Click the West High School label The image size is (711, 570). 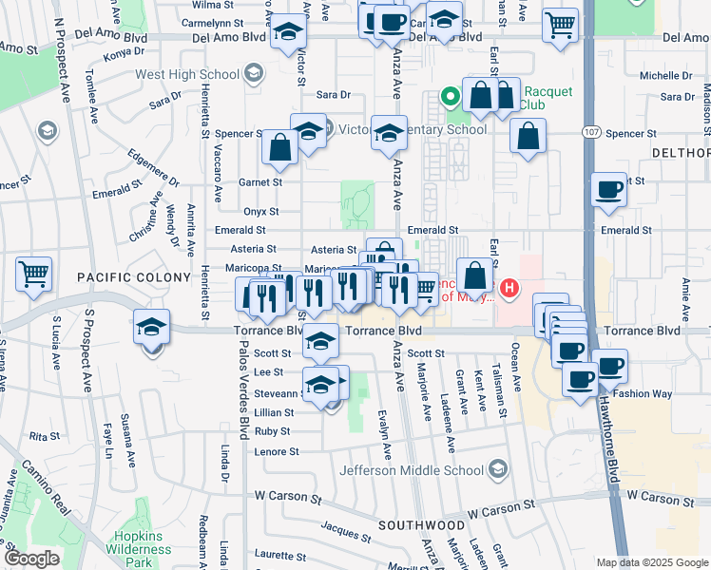[187, 74]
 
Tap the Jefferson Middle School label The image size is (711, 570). [417, 468]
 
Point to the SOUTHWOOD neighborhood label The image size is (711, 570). [421, 524]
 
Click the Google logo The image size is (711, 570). [31, 559]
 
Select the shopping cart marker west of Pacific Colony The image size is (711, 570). [34, 275]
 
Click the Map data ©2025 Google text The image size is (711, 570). [652, 562]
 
